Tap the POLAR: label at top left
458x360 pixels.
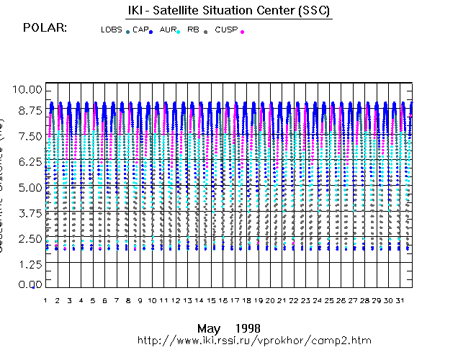pos(45,27)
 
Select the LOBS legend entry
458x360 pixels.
pos(112,30)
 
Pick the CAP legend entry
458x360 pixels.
pos(140,30)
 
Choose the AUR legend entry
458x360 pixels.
pos(167,30)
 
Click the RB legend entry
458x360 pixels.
pos(193,30)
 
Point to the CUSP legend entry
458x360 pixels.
pos(226,30)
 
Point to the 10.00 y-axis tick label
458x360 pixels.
pos(29,89)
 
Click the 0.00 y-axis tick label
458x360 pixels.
pos(29,285)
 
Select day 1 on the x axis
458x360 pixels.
pos(45,300)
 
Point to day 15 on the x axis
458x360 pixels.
pos(211,300)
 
